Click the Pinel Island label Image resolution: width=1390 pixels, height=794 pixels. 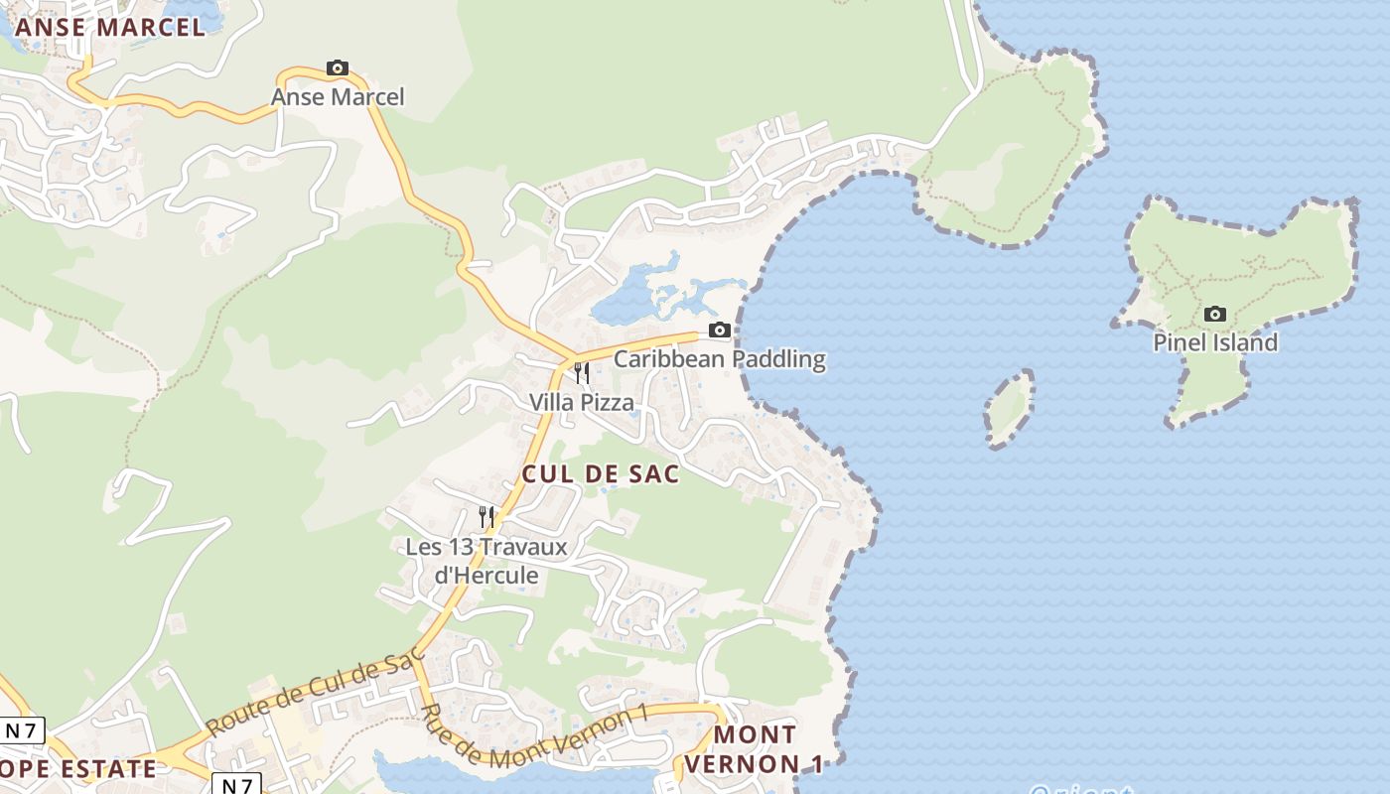click(1214, 343)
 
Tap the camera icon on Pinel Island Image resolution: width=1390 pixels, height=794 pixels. click(1214, 315)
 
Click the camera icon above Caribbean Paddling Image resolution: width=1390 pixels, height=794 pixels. click(720, 331)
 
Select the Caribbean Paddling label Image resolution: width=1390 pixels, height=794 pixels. click(720, 358)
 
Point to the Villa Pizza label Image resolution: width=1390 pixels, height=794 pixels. click(581, 402)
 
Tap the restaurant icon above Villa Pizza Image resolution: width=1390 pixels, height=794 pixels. click(582, 373)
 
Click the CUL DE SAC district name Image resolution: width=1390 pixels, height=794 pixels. click(601, 474)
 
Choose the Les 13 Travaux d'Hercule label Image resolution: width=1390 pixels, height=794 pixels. click(486, 561)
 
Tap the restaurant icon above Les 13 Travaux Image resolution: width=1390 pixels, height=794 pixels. click(486, 517)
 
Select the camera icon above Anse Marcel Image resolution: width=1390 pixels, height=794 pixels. click(338, 68)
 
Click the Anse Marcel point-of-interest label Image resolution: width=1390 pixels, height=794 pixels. click(338, 97)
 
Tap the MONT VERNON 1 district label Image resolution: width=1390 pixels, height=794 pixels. click(755, 749)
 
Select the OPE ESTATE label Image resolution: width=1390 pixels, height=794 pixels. click(77, 768)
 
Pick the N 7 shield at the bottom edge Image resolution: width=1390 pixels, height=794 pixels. click(236, 784)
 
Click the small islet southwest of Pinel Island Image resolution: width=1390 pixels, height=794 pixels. click(1010, 408)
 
